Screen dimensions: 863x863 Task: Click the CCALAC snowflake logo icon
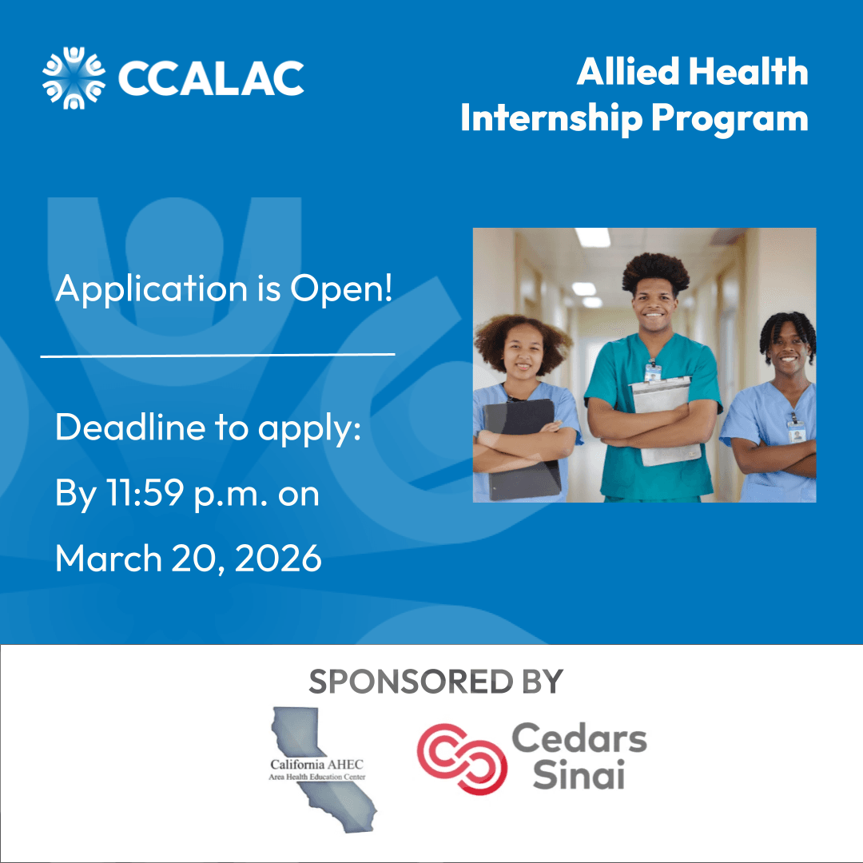(x=74, y=78)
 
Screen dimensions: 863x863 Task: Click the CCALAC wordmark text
(x=211, y=78)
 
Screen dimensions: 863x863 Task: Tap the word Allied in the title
(x=628, y=72)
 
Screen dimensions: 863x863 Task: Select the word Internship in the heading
(x=551, y=117)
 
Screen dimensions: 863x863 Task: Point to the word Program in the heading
(x=730, y=119)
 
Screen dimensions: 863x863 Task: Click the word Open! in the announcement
(x=341, y=288)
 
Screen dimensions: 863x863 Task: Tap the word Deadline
(x=130, y=427)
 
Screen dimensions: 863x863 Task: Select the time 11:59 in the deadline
(x=145, y=492)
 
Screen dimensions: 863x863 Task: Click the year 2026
(x=278, y=559)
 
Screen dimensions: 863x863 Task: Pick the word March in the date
(x=109, y=559)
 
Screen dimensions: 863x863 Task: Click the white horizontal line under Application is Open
(x=218, y=355)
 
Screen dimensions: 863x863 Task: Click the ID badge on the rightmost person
(x=797, y=432)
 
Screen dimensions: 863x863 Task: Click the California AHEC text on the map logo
(x=317, y=765)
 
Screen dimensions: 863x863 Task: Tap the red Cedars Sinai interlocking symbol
(x=462, y=759)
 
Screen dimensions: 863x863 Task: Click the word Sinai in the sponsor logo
(x=579, y=774)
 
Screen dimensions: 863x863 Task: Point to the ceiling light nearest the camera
(x=593, y=237)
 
